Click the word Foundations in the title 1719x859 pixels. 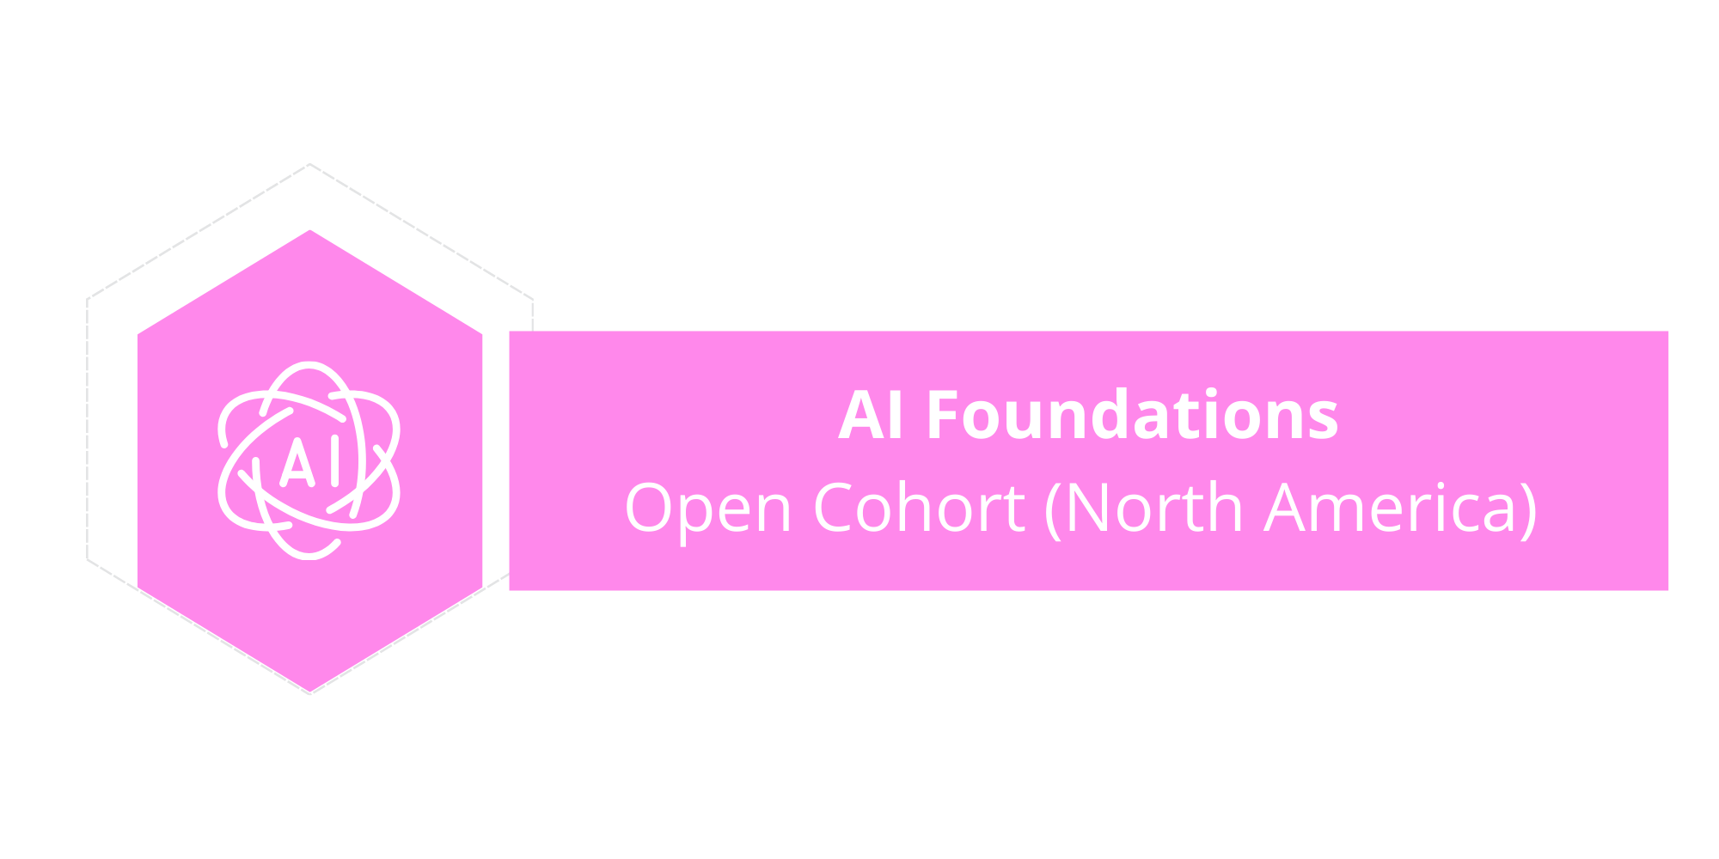click(x=1132, y=416)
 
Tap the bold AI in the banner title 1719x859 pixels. click(x=871, y=416)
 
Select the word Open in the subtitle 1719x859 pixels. click(x=707, y=509)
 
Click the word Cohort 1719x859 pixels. click(x=919, y=508)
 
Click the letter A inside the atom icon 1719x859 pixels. click(x=297, y=464)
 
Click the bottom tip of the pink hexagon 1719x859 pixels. click(x=310, y=692)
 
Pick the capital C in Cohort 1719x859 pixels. click(x=835, y=508)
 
